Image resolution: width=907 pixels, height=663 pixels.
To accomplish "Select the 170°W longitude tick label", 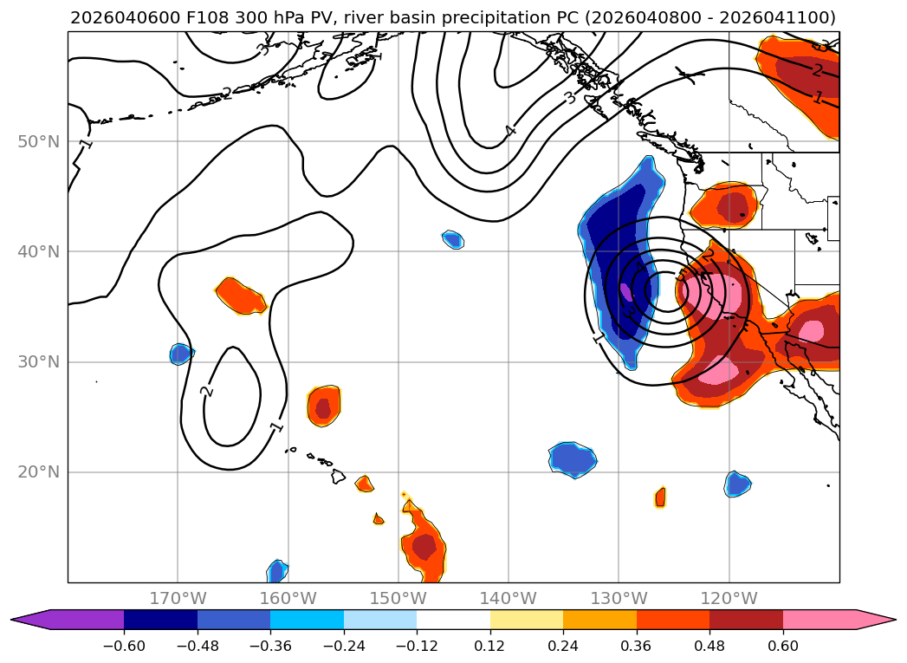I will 178,598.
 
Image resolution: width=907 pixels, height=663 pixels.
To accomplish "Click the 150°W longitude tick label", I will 398,598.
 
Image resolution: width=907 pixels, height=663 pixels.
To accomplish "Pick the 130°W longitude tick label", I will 619,598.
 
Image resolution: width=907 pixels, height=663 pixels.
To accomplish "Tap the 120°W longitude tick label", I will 729,598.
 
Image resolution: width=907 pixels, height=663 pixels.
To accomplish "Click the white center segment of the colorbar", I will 453,620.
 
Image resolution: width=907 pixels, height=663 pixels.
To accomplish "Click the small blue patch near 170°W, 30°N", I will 180,353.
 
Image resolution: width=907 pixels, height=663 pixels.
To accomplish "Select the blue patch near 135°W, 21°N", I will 573,458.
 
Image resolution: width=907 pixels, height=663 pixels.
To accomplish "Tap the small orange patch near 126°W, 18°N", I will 660,497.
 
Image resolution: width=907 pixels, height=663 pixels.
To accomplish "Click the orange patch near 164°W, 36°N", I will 240,296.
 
